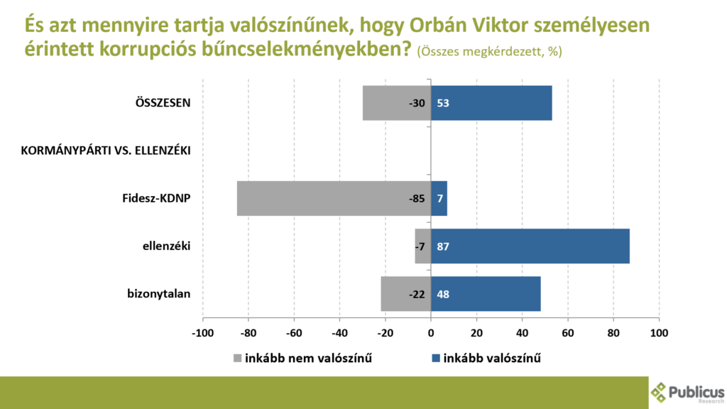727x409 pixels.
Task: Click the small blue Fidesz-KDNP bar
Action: (439, 198)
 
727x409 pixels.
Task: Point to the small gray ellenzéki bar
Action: (423, 246)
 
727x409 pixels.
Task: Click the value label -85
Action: (416, 199)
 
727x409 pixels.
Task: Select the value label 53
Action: (444, 104)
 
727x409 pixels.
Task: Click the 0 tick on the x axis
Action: (431, 333)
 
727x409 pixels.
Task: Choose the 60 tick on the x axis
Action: (568, 333)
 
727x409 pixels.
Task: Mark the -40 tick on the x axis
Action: (339, 333)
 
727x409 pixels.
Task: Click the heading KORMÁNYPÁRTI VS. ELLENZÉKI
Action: (106, 151)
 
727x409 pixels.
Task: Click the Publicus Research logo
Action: (687, 392)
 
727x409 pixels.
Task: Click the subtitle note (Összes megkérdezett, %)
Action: (489, 52)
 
